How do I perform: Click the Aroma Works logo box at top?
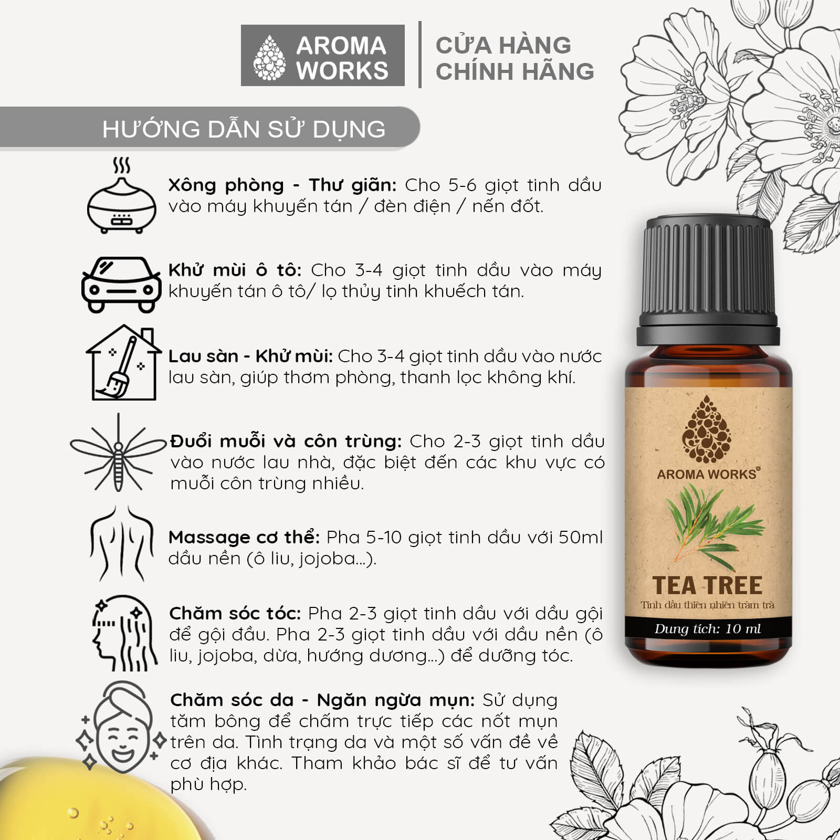coord(322,56)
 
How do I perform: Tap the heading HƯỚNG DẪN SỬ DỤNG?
coord(244,129)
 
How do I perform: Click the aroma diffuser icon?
coord(122,196)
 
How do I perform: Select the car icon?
coord(121,284)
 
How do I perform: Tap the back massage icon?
coord(122,543)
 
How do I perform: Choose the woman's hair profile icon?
coord(124,633)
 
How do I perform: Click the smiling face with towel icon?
coord(122,727)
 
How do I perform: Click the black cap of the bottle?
coord(708,281)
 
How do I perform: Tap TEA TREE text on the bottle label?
coord(707,585)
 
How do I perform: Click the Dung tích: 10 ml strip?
coord(708,629)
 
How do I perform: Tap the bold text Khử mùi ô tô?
coord(235,270)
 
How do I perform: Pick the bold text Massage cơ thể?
coord(244,538)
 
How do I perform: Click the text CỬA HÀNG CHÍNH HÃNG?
coord(514,58)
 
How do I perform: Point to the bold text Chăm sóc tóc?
coord(235,614)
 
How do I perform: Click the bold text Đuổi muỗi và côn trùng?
coord(286,442)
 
